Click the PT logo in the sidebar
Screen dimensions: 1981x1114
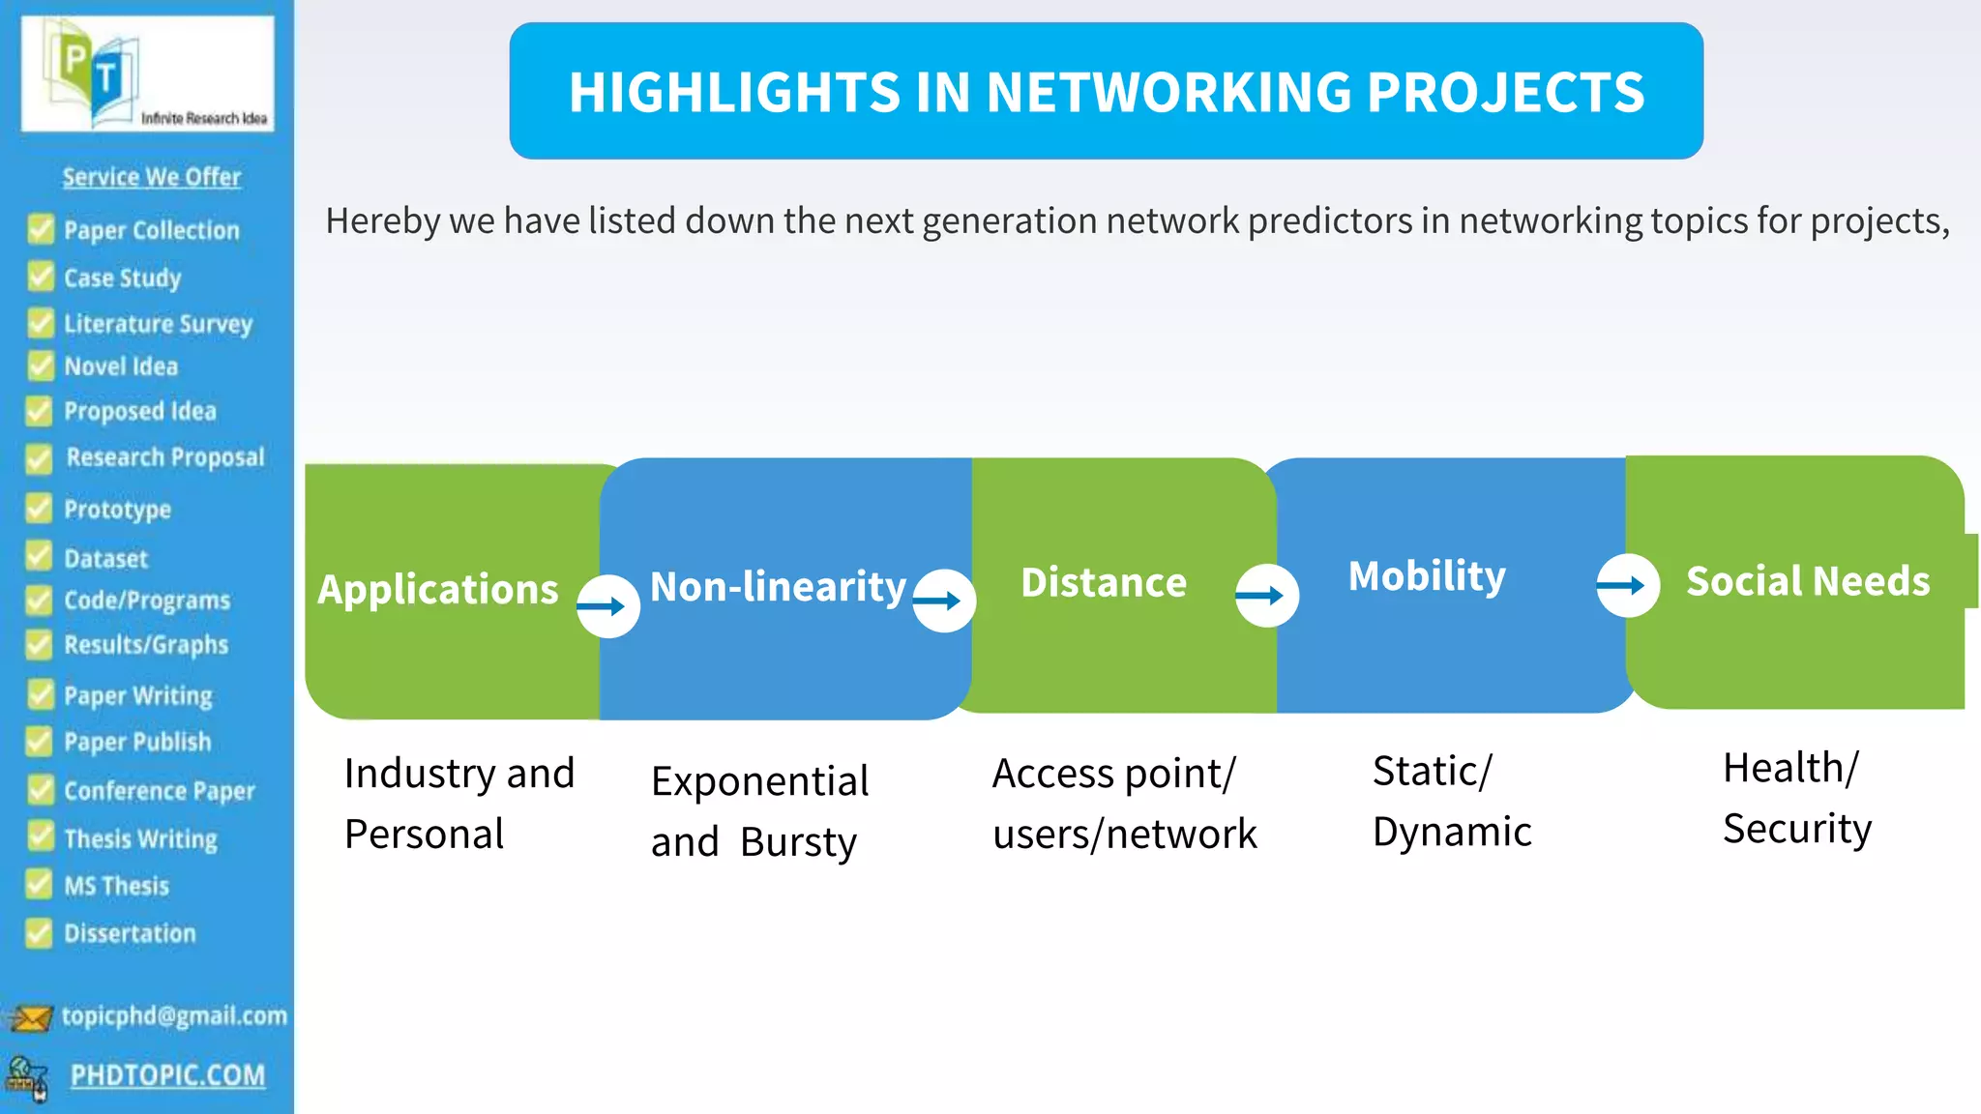tap(147, 73)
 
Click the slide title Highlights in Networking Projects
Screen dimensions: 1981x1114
tap(1106, 92)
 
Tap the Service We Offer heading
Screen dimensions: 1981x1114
tap(152, 177)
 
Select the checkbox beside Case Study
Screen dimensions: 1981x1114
tap(41, 277)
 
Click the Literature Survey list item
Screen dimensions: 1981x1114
tap(158, 323)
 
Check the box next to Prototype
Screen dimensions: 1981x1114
tap(40, 509)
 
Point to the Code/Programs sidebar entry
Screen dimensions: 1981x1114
tap(147, 601)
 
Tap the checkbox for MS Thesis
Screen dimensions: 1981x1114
tap(40, 885)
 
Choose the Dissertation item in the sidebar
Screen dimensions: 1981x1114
tap(130, 933)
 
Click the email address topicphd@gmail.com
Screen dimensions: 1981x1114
tap(174, 1015)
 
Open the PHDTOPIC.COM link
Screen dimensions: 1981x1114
tap(167, 1075)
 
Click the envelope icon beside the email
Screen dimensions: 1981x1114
tap(30, 1018)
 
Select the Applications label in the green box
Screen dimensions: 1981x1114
tap(438, 589)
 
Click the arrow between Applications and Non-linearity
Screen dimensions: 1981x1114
tap(607, 606)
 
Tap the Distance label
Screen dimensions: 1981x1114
tap(1104, 582)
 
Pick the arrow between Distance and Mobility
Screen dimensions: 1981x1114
tap(1266, 596)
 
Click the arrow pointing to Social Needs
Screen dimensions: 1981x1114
tap(1627, 585)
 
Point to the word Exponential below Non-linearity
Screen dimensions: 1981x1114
tap(760, 781)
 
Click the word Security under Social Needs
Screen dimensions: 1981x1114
tap(1797, 829)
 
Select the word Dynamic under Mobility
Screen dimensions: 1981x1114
tap(1452, 832)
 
